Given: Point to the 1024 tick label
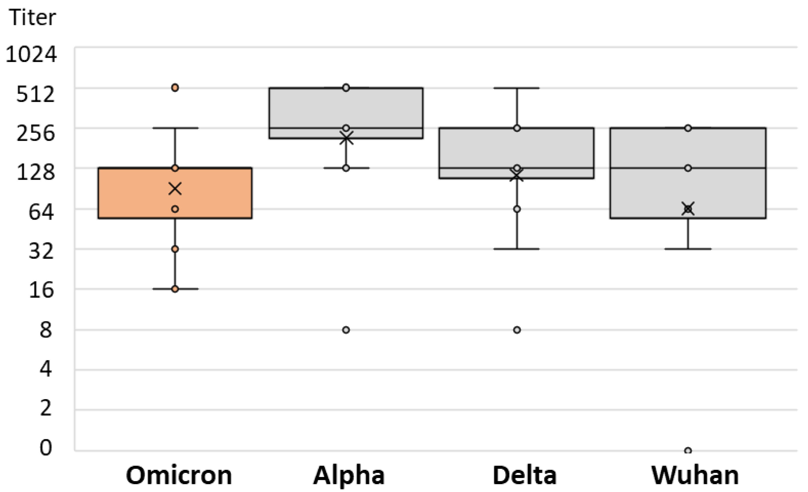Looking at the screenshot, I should tap(31, 54).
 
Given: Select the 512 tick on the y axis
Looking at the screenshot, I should tap(35, 94).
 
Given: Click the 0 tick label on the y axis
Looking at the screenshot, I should tap(46, 447).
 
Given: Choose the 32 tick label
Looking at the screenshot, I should tap(41, 252).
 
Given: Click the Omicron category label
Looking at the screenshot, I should tap(179, 476).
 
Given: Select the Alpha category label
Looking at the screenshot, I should tap(349, 476).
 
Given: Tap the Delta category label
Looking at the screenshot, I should tap(524, 476).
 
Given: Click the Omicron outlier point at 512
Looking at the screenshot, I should tap(175, 88).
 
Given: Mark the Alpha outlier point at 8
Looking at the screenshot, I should tap(346, 330).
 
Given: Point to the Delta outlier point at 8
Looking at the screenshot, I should tap(517, 330).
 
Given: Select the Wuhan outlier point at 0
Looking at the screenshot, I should tap(688, 451).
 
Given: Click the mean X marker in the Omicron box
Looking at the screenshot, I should tap(175, 189).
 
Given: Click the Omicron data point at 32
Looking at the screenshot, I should tap(175, 249).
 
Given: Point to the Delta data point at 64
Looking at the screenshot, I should tap(517, 209).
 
